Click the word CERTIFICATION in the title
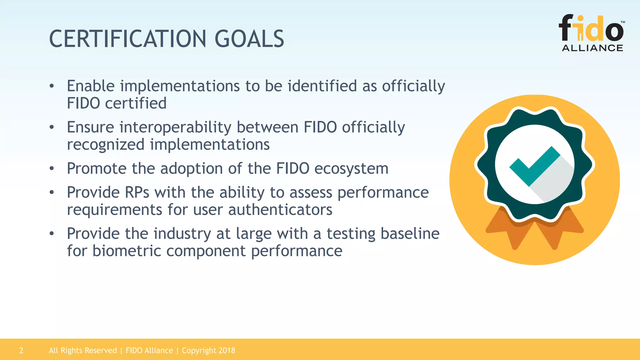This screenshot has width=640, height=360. click(127, 39)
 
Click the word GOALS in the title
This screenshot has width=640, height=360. click(249, 39)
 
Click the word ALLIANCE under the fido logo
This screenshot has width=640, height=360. click(592, 48)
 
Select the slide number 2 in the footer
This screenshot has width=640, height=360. click(21, 350)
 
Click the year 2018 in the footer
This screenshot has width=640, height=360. click(227, 350)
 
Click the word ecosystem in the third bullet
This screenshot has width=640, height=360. click(351, 169)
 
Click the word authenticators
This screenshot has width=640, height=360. click(280, 210)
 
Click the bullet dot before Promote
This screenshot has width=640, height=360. click(52, 169)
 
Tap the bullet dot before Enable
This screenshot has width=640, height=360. click(52, 86)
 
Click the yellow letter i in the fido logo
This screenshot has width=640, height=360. click(580, 30)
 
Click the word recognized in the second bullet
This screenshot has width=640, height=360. click(106, 145)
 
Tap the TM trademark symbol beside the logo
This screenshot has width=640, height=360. click(622, 22)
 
